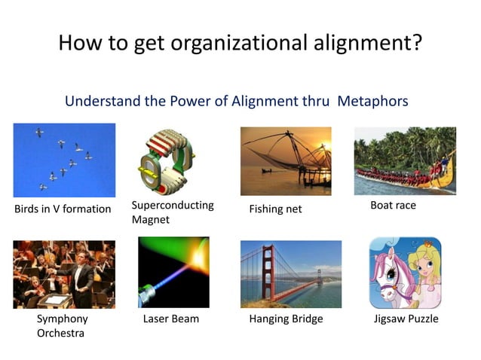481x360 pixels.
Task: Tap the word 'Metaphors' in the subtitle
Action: point(371,100)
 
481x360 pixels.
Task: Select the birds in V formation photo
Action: point(64,160)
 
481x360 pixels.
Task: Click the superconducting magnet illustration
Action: point(170,160)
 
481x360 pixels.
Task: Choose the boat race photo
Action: point(405,160)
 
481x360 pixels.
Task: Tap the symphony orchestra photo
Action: point(64,274)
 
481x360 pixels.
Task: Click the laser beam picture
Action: point(173,273)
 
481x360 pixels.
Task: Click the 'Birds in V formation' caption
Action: point(63,209)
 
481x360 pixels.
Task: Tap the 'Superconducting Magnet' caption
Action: point(173,212)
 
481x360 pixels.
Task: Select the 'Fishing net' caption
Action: point(275,209)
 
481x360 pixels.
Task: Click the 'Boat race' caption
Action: point(393,205)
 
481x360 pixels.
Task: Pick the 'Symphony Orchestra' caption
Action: point(62,325)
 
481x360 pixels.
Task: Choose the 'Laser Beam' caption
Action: point(171,319)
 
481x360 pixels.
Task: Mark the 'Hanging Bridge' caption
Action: point(286,319)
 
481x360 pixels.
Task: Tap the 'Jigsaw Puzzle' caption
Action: point(406,319)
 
